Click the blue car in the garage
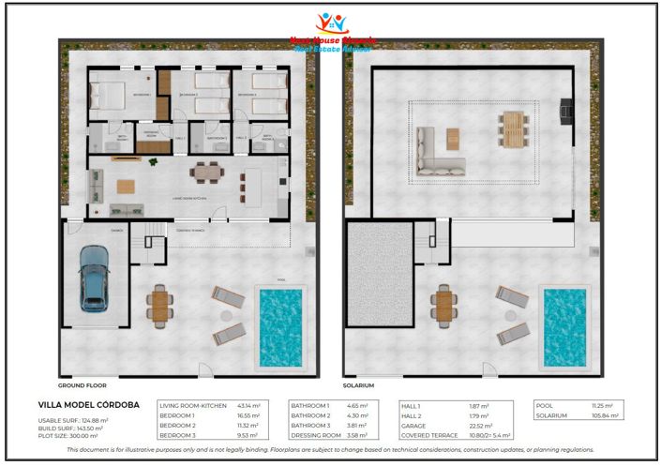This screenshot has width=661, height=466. (x=94, y=278)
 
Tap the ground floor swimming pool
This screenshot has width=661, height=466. (x=279, y=326)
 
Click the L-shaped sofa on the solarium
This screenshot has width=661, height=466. (x=436, y=152)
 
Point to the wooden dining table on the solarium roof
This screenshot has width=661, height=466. (x=512, y=129)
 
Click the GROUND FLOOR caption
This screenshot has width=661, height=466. (x=83, y=385)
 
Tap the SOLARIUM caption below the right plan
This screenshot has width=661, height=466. (x=359, y=385)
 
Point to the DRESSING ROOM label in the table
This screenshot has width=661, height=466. (x=316, y=436)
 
